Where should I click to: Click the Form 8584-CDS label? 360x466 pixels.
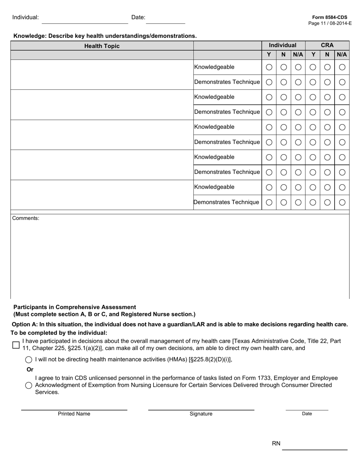[329, 17]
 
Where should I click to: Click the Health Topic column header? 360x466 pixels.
[102, 46]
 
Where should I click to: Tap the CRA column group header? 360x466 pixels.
[327, 45]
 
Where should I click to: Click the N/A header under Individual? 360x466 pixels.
[298, 55]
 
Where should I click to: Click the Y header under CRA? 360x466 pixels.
[313, 55]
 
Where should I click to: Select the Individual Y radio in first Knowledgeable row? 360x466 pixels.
[269, 67]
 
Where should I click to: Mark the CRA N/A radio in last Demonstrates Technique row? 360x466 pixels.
[342, 202]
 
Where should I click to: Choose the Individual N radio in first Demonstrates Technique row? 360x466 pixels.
[283, 82]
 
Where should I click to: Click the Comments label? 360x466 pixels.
[26, 218]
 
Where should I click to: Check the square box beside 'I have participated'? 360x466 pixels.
[16, 345]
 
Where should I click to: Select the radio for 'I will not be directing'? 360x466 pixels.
[28, 360]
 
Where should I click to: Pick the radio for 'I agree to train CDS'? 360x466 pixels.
[28, 386]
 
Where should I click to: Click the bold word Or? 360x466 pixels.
[30, 369]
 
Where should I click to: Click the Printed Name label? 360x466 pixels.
[74, 414]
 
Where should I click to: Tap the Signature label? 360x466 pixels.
[201, 414]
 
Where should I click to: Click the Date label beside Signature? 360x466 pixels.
[307, 414]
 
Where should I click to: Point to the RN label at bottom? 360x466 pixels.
[276, 444]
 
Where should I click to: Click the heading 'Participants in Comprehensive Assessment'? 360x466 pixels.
[75, 307]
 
